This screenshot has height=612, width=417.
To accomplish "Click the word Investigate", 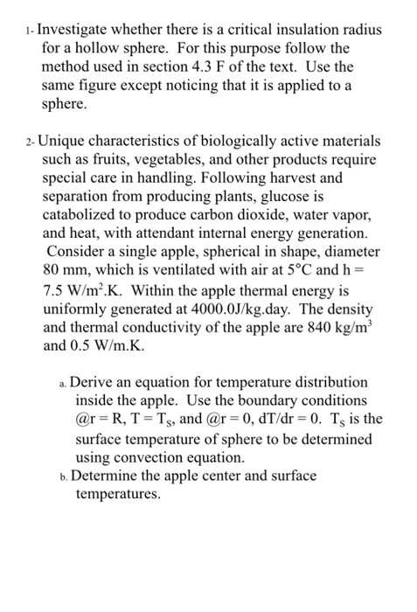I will [x=80, y=30].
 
